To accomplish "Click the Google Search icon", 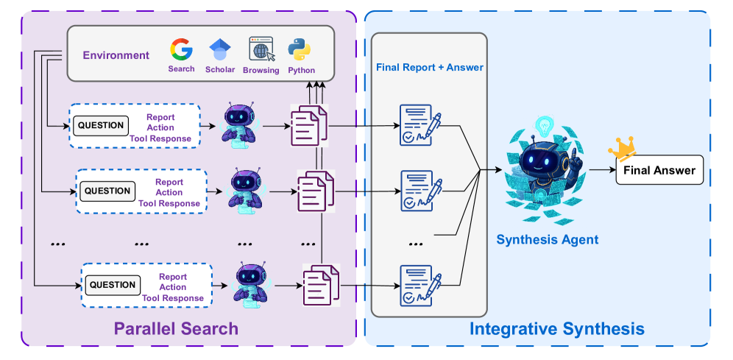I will [x=181, y=50].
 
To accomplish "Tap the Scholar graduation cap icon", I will [x=220, y=50].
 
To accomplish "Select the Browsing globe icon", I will [x=261, y=50].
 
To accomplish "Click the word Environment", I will [x=116, y=55].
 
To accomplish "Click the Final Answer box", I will [x=659, y=170].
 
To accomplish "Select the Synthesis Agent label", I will [x=547, y=239].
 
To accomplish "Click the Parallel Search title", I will [x=176, y=328].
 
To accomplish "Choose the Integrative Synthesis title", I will [x=556, y=329].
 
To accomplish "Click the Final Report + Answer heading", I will [x=430, y=67].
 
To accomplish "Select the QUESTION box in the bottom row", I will [x=113, y=285].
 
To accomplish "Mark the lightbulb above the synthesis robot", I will [x=544, y=124].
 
